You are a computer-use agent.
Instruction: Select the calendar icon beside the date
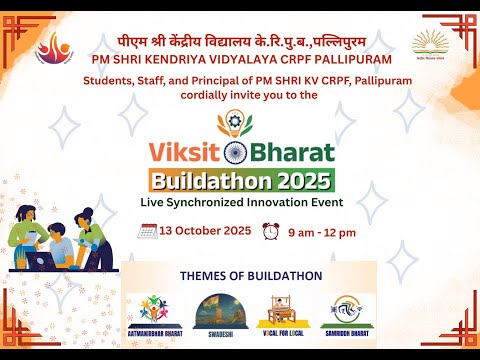point(147,230)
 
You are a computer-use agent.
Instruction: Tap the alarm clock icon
point(270,230)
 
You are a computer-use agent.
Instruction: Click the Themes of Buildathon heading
point(248,274)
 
